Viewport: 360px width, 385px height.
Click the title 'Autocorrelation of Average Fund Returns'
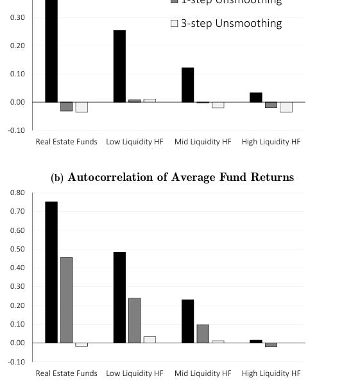[x=180, y=177]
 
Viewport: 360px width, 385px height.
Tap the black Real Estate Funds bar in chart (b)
[x=51, y=272]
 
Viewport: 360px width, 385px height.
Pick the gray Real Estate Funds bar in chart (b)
[x=67, y=300]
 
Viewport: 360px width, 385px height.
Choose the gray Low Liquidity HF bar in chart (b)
[x=135, y=320]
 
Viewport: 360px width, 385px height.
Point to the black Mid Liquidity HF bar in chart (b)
[x=187, y=321]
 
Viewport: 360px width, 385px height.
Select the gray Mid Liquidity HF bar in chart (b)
[x=203, y=334]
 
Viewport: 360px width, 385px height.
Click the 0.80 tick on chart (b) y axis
[x=17, y=193]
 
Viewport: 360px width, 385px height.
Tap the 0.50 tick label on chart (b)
[x=17, y=249]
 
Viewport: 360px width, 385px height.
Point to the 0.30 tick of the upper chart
[x=17, y=17]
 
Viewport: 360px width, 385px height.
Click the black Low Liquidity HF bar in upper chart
[x=119, y=66]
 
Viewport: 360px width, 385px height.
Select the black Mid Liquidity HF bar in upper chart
[x=187, y=85]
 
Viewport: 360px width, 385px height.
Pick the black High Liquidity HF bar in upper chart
[x=256, y=98]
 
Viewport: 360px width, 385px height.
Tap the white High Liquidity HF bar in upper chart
[x=286, y=107]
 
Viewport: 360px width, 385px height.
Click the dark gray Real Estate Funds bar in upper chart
[x=67, y=107]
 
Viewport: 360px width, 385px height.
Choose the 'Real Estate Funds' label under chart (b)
[x=67, y=373]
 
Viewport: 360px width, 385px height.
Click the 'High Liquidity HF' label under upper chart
[x=271, y=141]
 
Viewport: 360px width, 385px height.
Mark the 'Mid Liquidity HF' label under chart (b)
[x=203, y=373]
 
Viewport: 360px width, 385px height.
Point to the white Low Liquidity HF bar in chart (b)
[x=150, y=339]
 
